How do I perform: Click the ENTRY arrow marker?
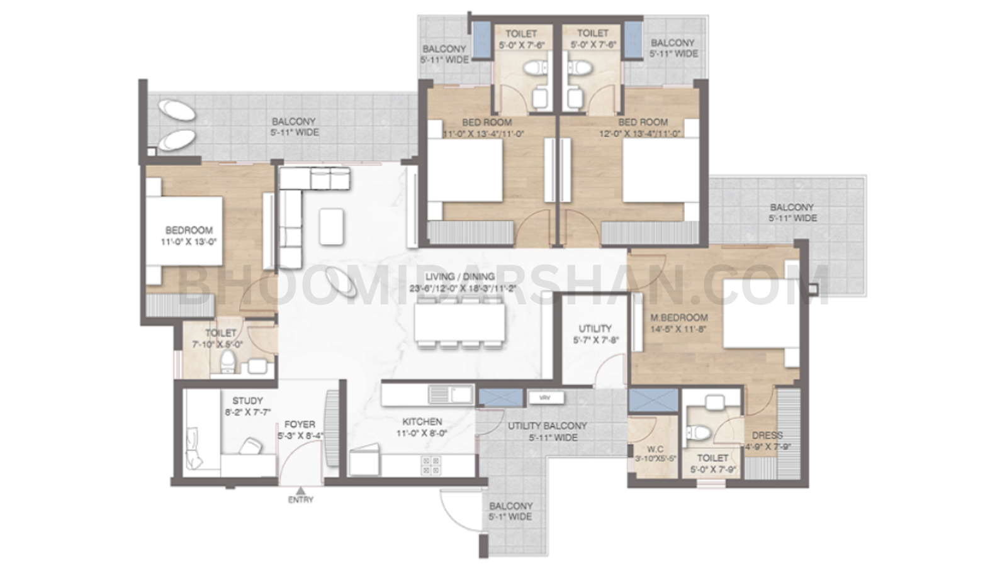[x=301, y=491]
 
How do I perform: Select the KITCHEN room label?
[x=422, y=422]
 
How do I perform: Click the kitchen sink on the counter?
[x=451, y=395]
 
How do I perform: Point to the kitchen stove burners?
[x=431, y=465]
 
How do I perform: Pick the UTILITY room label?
[x=595, y=328]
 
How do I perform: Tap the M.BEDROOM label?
[x=679, y=318]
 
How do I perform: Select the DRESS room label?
[x=767, y=435]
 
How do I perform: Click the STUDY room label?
[x=247, y=401]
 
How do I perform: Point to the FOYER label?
[x=300, y=425]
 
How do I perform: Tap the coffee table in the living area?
[x=332, y=226]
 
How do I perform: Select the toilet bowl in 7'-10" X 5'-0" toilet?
[x=227, y=362]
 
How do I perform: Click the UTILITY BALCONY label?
[x=547, y=426]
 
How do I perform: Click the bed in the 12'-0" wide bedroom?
[x=661, y=170]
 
